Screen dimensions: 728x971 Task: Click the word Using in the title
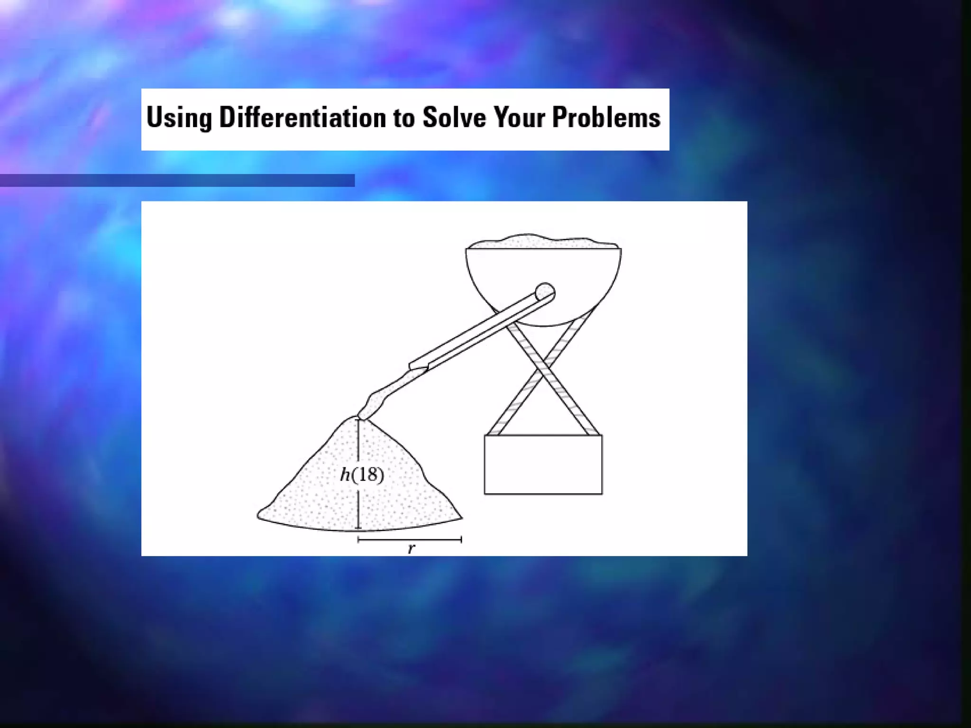click(x=179, y=118)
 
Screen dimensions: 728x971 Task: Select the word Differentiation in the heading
click(x=302, y=117)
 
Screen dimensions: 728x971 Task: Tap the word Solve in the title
click(x=454, y=117)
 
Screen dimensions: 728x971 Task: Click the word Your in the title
click(x=519, y=117)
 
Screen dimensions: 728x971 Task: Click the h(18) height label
click(x=362, y=474)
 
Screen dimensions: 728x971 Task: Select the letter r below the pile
click(x=411, y=548)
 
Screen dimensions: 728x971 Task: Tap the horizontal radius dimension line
click(x=410, y=539)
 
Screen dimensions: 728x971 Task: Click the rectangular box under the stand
click(x=543, y=464)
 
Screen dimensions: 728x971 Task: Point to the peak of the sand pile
click(x=357, y=418)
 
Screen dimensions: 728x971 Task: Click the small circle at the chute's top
click(x=545, y=291)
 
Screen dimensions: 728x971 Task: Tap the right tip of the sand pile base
click(x=461, y=519)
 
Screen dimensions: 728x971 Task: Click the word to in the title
click(x=403, y=118)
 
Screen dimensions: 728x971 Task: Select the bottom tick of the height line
click(x=358, y=528)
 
